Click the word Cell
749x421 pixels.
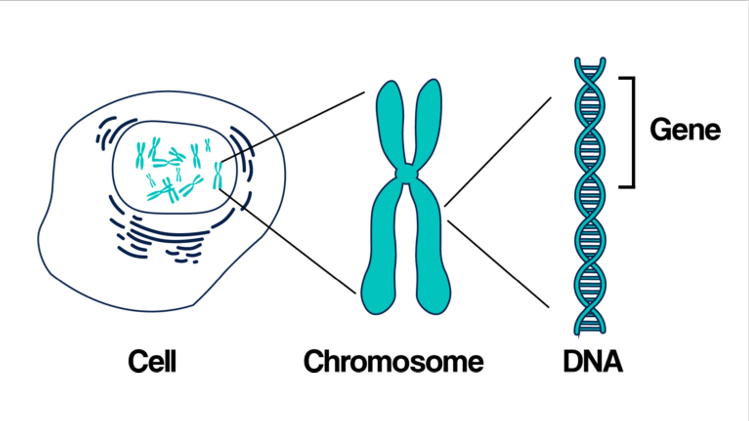point(152,361)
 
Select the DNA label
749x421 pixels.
point(593,361)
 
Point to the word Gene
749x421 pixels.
point(685,129)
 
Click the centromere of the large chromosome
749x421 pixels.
point(407,173)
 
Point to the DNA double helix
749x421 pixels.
point(590,196)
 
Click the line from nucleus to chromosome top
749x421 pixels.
point(292,127)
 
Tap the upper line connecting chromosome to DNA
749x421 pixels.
point(498,152)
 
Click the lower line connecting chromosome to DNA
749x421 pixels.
point(498,264)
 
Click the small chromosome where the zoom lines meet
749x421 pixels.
point(218,175)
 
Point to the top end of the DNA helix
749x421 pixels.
point(590,62)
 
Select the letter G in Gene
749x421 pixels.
point(660,129)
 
